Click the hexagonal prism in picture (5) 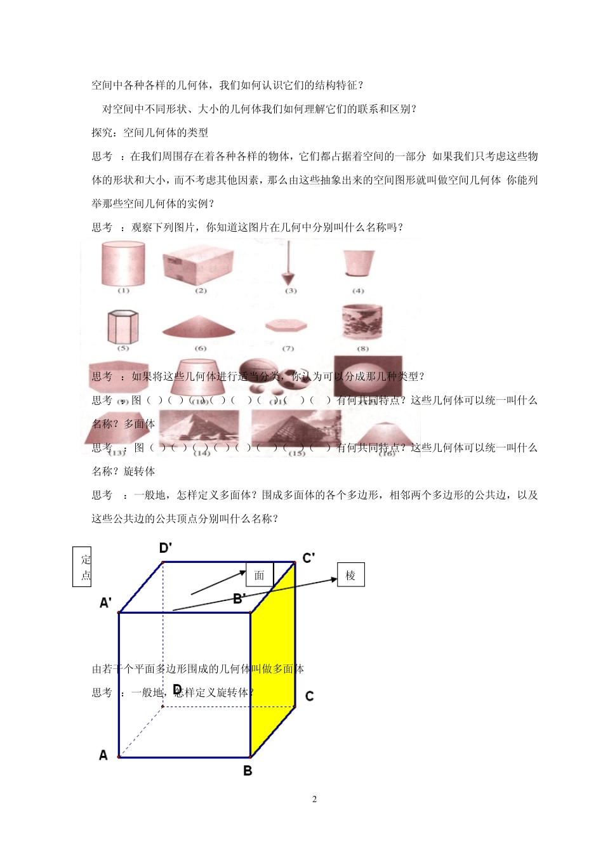coord(123,326)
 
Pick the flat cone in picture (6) coord(199,327)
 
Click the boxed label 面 coord(259,575)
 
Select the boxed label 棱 coord(350,576)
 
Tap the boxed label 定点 coord(83,567)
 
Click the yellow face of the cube coord(272,660)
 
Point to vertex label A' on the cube coord(106,602)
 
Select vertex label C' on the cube coord(308,559)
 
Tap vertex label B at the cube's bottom coord(248,770)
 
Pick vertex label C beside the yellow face coord(309,696)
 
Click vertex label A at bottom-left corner coord(103,755)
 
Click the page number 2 coord(314,799)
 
